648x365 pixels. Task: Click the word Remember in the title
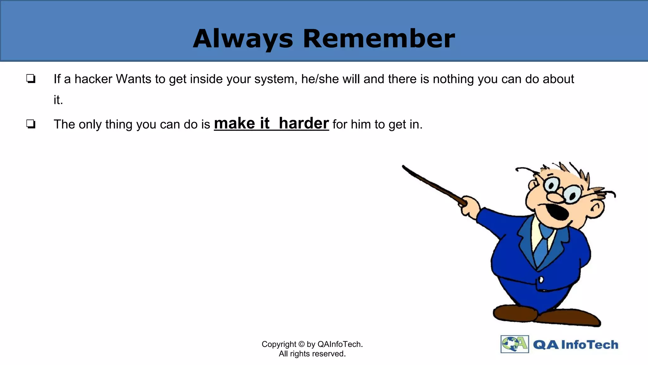(379, 39)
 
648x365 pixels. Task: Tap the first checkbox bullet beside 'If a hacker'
(31, 79)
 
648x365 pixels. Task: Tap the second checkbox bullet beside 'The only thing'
(31, 124)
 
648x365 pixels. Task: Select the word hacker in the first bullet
(93, 79)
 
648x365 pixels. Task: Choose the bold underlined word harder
(304, 123)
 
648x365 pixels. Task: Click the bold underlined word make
(234, 123)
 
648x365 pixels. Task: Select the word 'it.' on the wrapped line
(58, 100)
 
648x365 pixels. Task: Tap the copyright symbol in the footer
(301, 344)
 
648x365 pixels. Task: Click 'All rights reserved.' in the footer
(312, 354)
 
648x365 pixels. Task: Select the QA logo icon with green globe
(514, 344)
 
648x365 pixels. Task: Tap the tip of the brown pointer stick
(404, 167)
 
